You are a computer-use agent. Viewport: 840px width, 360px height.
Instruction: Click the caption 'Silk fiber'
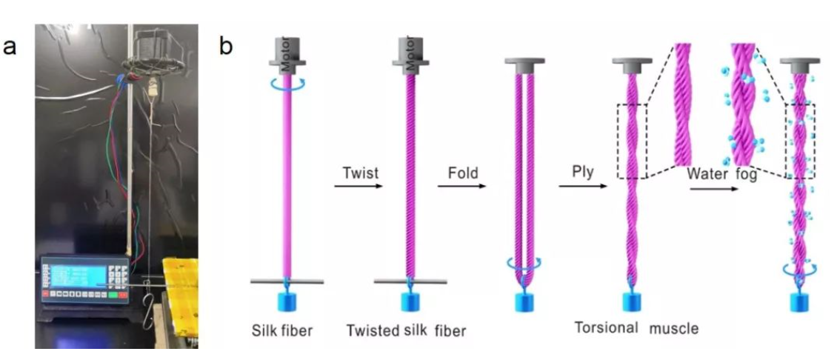tap(281, 329)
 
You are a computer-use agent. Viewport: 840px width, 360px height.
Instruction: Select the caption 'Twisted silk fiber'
tap(405, 330)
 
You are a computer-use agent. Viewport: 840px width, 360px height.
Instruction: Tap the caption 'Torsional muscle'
tap(636, 327)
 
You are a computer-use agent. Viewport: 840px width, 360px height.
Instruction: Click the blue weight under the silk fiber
tap(286, 301)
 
